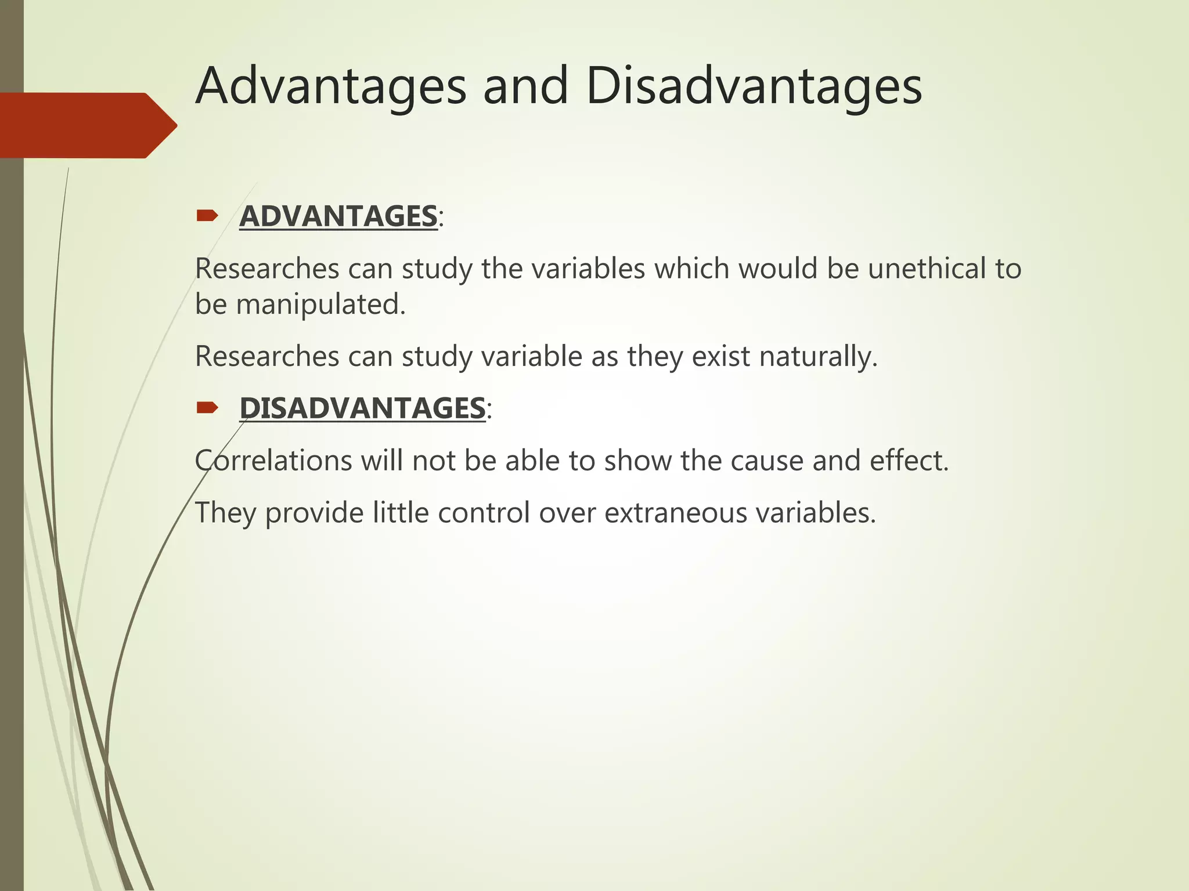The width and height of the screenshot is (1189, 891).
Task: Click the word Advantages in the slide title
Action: click(331, 87)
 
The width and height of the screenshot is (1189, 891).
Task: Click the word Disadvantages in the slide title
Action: click(754, 87)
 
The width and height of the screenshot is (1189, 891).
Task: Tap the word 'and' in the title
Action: click(525, 87)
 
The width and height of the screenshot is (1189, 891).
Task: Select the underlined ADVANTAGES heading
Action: click(338, 216)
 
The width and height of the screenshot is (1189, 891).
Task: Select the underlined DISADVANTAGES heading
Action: click(362, 408)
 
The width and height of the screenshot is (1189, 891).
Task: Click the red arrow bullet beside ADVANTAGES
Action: click(207, 216)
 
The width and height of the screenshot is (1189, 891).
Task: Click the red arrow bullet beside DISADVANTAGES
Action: click(207, 408)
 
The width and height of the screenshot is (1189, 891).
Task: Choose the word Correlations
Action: click(273, 461)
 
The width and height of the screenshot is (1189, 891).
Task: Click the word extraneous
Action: click(676, 513)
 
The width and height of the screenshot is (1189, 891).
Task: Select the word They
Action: click(225, 513)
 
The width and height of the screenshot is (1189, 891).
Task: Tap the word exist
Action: click(720, 356)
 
